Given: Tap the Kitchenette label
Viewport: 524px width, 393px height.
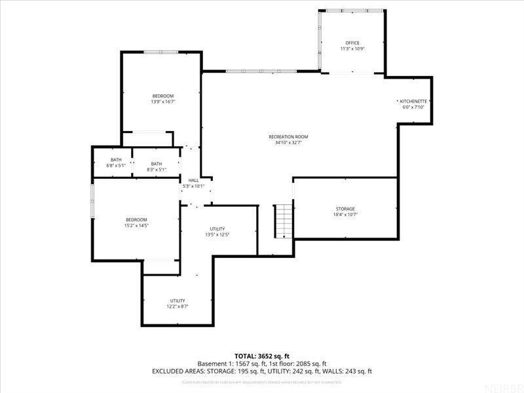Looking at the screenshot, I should click(414, 102).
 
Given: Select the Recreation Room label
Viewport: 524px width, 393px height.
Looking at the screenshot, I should click(288, 137).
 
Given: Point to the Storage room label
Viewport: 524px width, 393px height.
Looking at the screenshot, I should click(345, 209).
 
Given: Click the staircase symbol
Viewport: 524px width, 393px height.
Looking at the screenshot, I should click(282, 221).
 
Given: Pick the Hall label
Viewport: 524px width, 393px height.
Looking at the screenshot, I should click(193, 180).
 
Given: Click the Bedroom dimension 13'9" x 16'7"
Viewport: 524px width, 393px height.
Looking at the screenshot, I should click(163, 102).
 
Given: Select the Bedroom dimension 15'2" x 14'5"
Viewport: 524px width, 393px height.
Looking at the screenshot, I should click(136, 225).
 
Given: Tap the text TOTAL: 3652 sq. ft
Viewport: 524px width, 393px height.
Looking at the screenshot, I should click(262, 356).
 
